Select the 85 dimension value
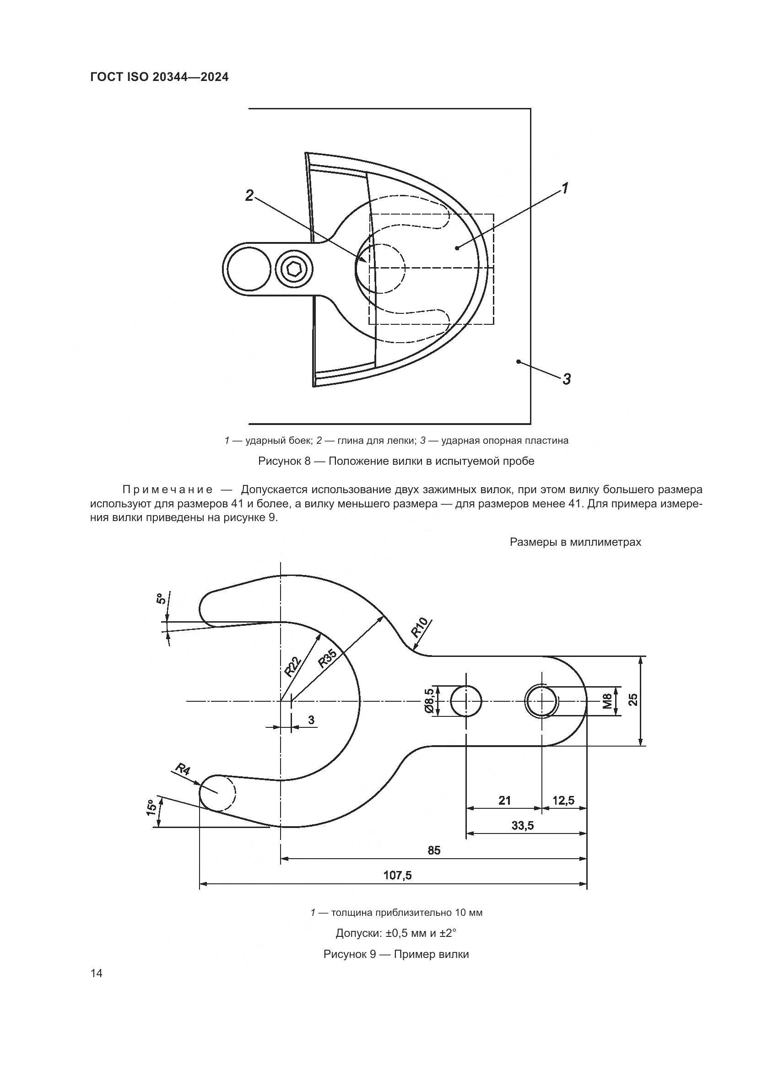tap(433, 850)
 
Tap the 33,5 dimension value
tap(522, 825)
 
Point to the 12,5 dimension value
tap(563, 800)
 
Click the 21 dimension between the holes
tap(504, 800)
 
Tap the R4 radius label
tap(183, 769)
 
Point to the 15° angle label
tap(151, 807)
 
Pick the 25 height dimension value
tap(633, 700)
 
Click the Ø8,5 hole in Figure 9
tap(465, 701)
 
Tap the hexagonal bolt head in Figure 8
tap(294, 269)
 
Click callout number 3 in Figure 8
tap(566, 379)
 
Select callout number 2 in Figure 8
tap(250, 196)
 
